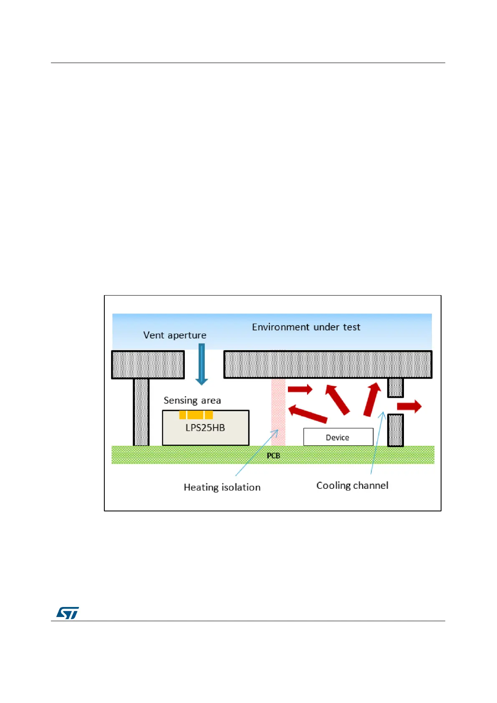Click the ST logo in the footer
pos(68,613)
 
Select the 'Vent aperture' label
pos(174,335)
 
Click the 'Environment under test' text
pos(306,327)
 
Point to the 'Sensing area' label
pos(192,400)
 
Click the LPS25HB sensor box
pos(205,432)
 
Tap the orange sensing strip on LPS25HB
pos(196,415)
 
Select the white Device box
pos(338,437)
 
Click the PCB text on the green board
pos(273,455)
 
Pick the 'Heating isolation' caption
pos(222,487)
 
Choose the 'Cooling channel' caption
pos(352,486)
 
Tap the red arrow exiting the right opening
pos(409,406)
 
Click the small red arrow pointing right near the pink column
pos(300,389)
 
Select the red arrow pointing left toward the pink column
pos(308,413)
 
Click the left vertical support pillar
pos(141,412)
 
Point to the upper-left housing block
pos(148,364)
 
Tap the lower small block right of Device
pos(395,430)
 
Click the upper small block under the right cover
pos(395,387)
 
